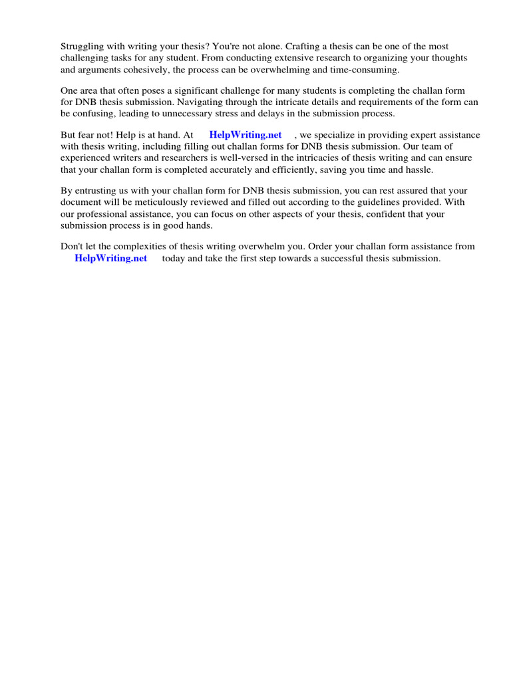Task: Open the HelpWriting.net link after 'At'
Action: tap(245, 135)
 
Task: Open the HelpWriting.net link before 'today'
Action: tap(110, 258)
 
